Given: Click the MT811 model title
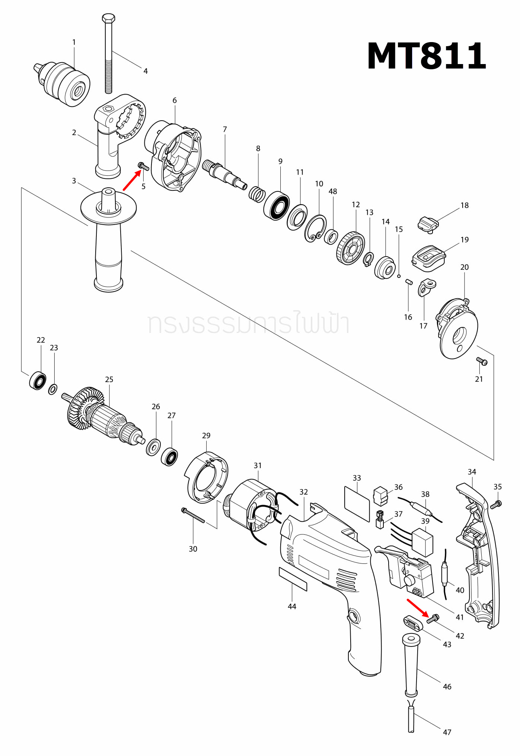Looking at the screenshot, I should [x=426, y=56].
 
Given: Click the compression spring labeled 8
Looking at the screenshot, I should [x=257, y=194].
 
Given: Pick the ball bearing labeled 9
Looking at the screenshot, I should [x=277, y=206].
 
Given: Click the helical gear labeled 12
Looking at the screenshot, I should [x=350, y=248].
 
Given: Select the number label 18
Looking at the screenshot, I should [x=464, y=206].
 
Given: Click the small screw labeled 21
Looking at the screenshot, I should [x=482, y=361].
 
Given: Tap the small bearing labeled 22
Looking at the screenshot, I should [x=38, y=381].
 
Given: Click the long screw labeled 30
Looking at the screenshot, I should [x=193, y=515].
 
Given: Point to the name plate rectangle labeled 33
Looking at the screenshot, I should [x=357, y=504].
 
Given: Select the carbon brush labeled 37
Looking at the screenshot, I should [x=380, y=520].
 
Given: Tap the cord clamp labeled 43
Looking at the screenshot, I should [x=413, y=623].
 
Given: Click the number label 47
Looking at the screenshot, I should [x=447, y=732].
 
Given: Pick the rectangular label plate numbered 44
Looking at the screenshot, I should [x=293, y=579].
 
